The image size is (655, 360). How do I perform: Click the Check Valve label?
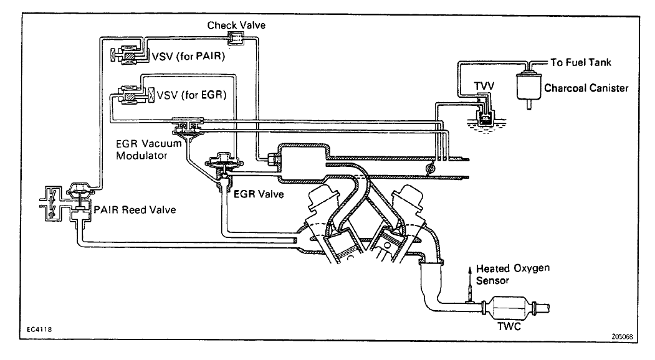coord(236,25)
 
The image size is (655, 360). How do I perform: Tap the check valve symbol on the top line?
coord(236,39)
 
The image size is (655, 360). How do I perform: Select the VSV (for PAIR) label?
coord(188,56)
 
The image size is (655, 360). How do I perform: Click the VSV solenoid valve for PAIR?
coord(129,55)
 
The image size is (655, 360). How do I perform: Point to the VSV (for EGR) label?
coord(192,95)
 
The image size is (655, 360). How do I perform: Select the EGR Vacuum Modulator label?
coord(149,149)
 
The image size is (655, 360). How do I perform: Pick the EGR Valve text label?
coord(259,194)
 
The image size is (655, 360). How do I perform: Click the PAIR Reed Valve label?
coord(135,210)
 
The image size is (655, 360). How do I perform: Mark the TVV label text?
coord(484,86)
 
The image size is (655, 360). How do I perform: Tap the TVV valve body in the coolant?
coord(485,118)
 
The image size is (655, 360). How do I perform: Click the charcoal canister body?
coord(528,87)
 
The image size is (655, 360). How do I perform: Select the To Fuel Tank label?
coord(581,63)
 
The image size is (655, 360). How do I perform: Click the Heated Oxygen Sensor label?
coord(513,275)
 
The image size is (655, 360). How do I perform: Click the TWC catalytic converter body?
coord(508,308)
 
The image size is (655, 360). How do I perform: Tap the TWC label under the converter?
coord(509,326)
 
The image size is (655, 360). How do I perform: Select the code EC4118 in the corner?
coord(39,329)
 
